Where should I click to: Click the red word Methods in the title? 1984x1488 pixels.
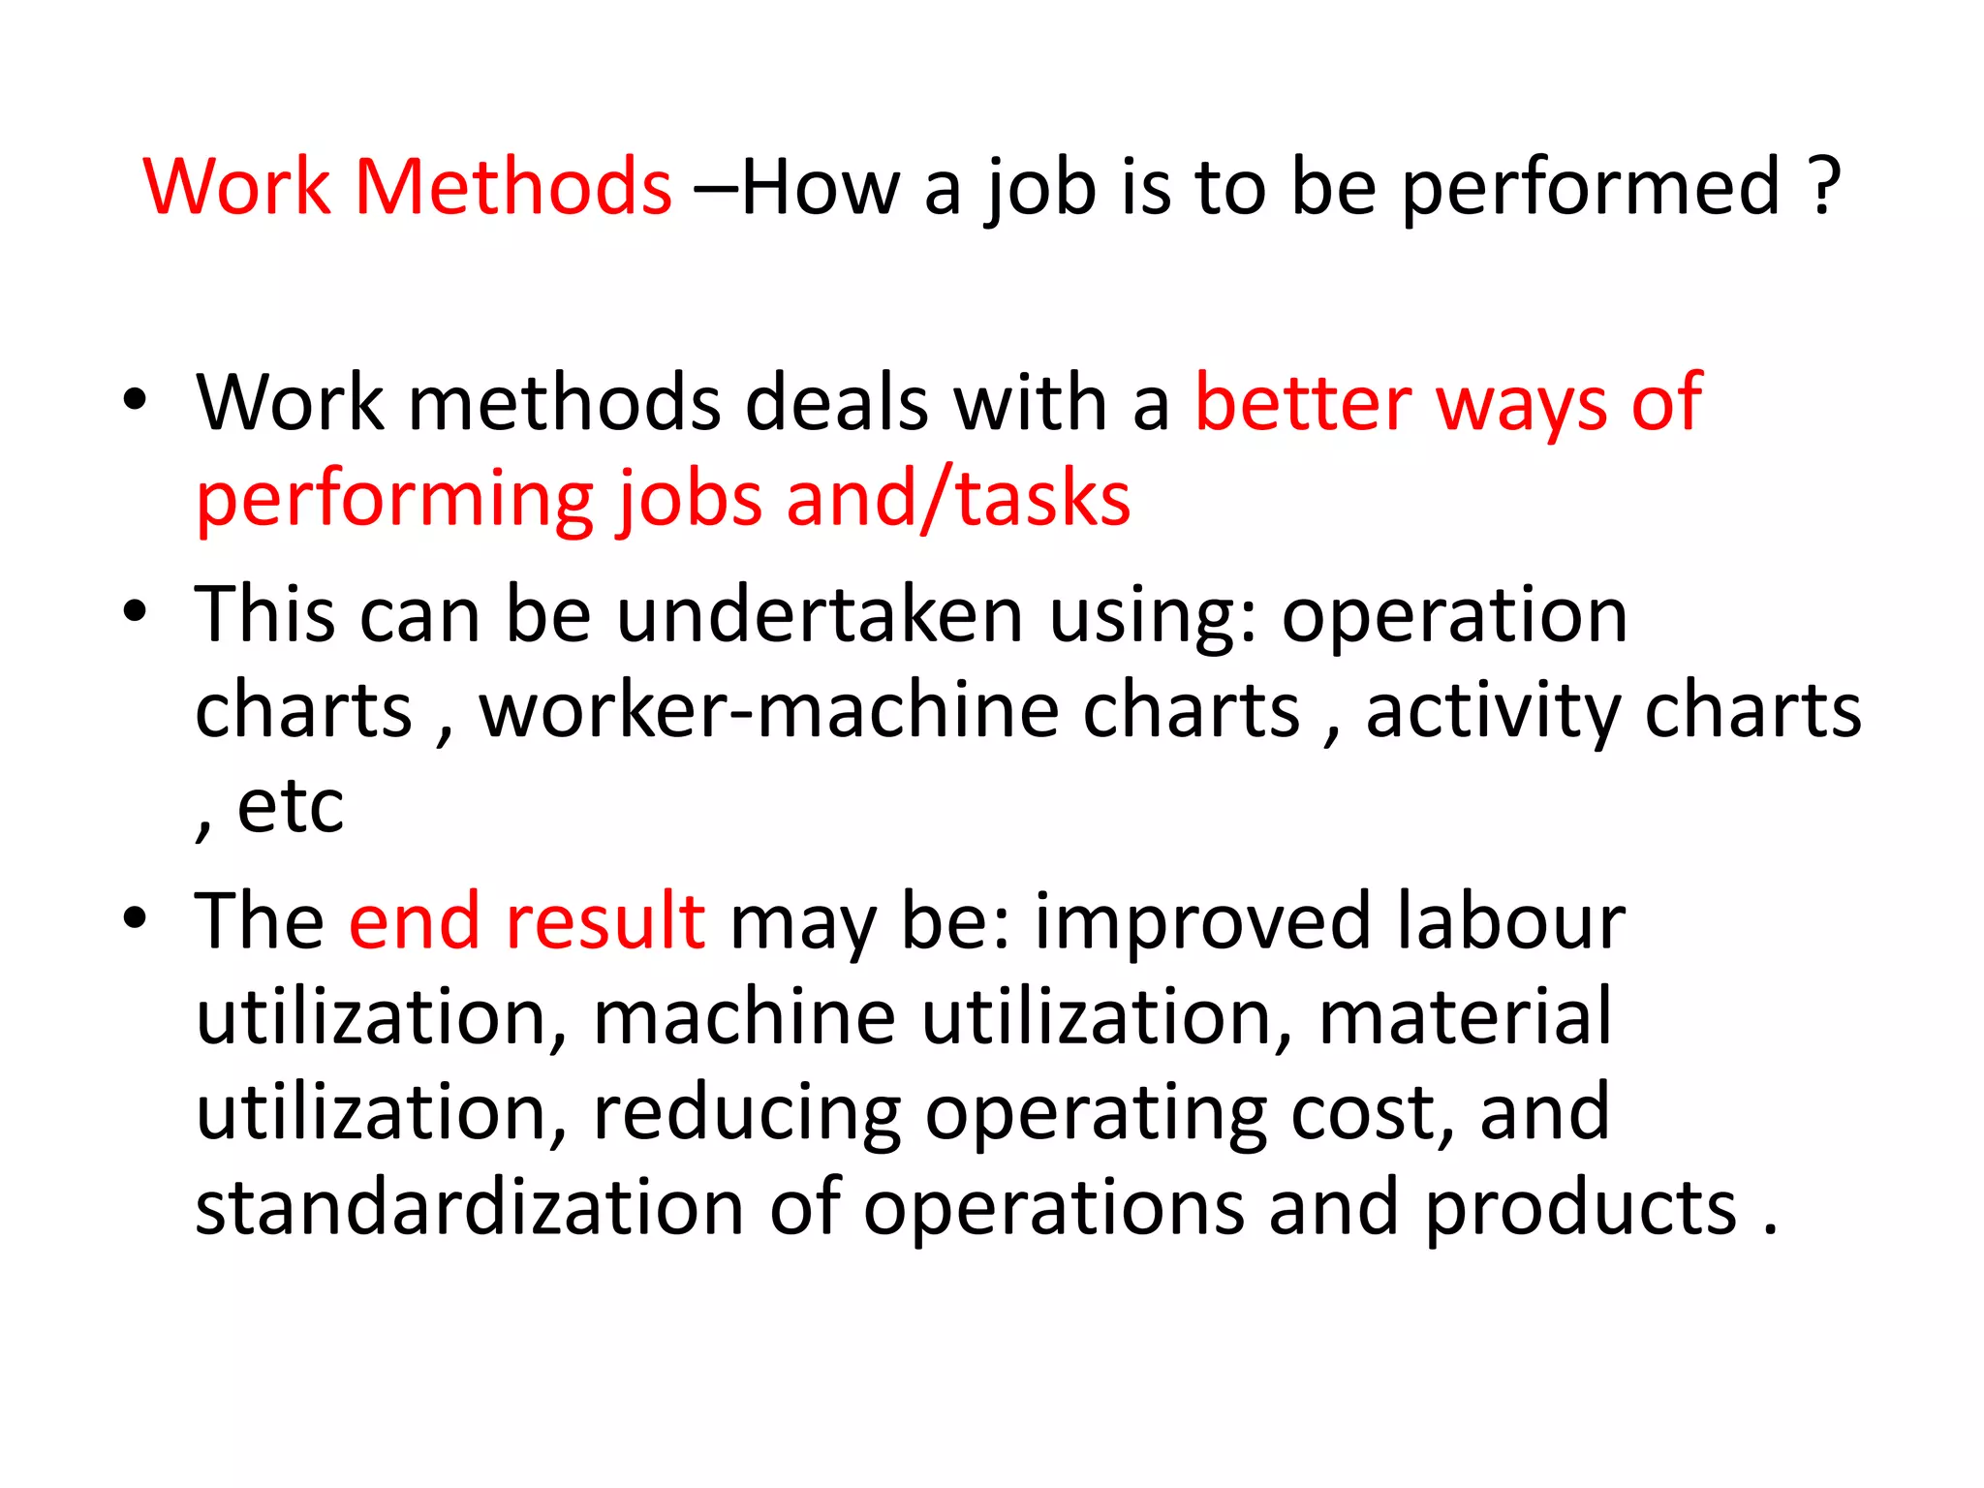tap(512, 186)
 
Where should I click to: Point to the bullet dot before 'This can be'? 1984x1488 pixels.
tap(135, 611)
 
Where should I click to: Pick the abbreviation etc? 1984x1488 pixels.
tap(290, 806)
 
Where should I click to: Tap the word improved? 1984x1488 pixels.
tap(1202, 922)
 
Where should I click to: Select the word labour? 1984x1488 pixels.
tap(1510, 920)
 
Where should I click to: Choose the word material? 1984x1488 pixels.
tap(1465, 1016)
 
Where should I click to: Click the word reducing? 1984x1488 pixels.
tap(746, 1114)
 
